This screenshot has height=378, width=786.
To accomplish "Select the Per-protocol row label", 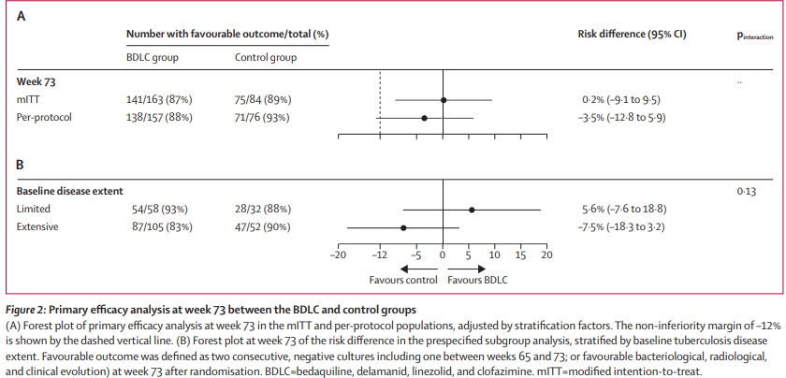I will [x=43, y=118].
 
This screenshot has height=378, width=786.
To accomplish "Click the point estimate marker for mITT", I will [x=444, y=99].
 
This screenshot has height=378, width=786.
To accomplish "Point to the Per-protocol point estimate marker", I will [x=424, y=118].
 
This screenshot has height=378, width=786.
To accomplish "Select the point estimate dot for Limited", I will [x=473, y=210].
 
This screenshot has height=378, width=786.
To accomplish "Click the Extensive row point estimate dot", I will [x=403, y=227].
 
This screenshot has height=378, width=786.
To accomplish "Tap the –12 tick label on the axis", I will [x=378, y=254].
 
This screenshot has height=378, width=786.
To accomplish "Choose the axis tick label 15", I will [x=521, y=254].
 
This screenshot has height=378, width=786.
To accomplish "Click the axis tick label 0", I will [x=444, y=254].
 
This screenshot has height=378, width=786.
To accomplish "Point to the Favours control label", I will [x=403, y=279].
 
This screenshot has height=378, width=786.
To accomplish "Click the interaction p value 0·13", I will [x=746, y=191].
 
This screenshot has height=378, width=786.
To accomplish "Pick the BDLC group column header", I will [x=153, y=58].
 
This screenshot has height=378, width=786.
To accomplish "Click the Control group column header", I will [x=266, y=58].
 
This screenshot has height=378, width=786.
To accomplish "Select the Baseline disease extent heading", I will [x=70, y=191].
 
